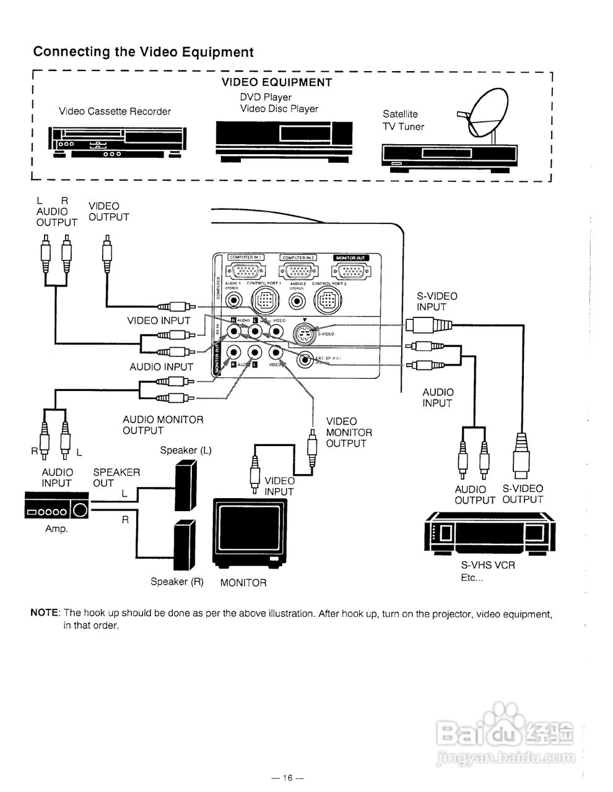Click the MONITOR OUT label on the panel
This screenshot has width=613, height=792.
point(351,257)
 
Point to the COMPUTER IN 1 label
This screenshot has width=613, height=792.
point(246,257)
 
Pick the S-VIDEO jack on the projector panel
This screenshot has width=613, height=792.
point(303,334)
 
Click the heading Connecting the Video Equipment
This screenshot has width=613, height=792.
point(143,52)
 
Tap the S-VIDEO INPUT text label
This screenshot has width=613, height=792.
point(437,301)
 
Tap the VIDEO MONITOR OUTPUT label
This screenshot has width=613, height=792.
point(349,432)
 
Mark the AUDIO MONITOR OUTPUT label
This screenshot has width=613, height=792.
point(162,425)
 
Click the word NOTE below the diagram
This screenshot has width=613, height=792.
point(45,613)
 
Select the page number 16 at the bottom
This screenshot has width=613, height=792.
point(288,778)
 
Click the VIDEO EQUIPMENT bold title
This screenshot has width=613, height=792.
point(277,82)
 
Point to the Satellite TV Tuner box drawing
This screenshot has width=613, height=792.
point(450,155)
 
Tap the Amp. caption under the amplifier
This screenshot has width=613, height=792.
point(56,529)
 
